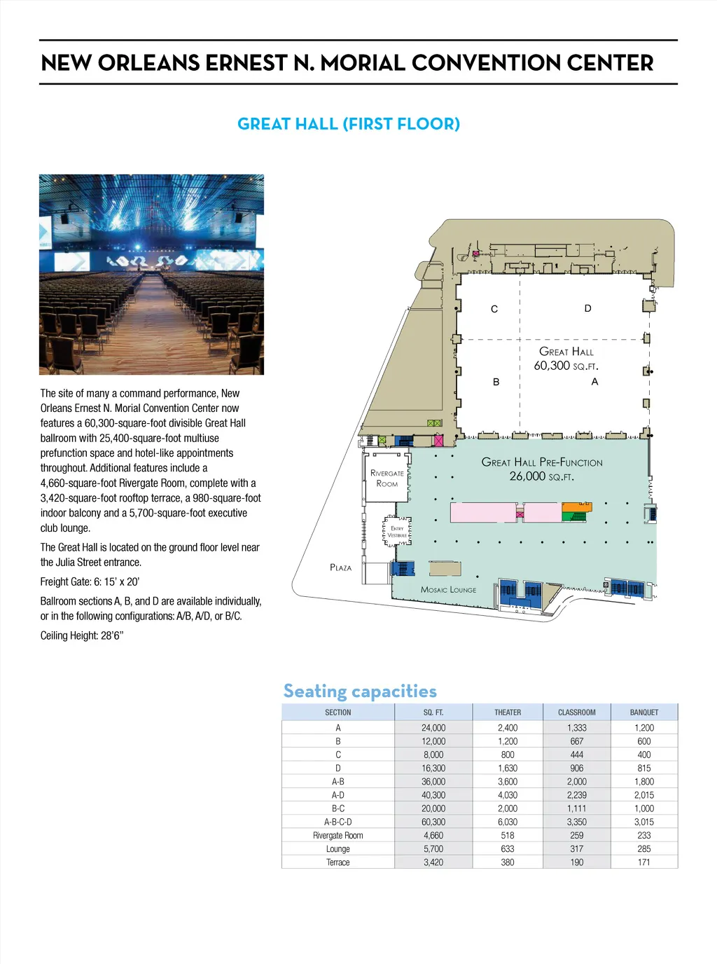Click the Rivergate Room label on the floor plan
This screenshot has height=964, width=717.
387,478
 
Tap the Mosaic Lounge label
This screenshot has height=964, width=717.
448,590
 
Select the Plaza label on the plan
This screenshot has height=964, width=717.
340,567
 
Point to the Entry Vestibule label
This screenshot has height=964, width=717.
397,532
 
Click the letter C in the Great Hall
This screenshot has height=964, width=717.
494,309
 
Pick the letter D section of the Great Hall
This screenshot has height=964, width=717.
587,308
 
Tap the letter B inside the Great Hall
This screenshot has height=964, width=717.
496,382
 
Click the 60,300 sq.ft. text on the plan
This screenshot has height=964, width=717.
566,366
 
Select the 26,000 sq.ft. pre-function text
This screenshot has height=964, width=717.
541,476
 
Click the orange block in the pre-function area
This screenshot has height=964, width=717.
576,507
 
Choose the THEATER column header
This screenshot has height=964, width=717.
508,712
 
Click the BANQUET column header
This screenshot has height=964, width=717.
644,712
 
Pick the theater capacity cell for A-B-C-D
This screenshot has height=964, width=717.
508,822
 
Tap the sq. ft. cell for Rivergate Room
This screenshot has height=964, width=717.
433,835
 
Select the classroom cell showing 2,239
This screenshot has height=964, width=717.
577,795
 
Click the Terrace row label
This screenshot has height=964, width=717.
338,862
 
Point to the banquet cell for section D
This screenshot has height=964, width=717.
644,768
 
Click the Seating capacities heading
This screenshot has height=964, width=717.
360,691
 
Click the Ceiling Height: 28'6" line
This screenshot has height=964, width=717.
82,635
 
